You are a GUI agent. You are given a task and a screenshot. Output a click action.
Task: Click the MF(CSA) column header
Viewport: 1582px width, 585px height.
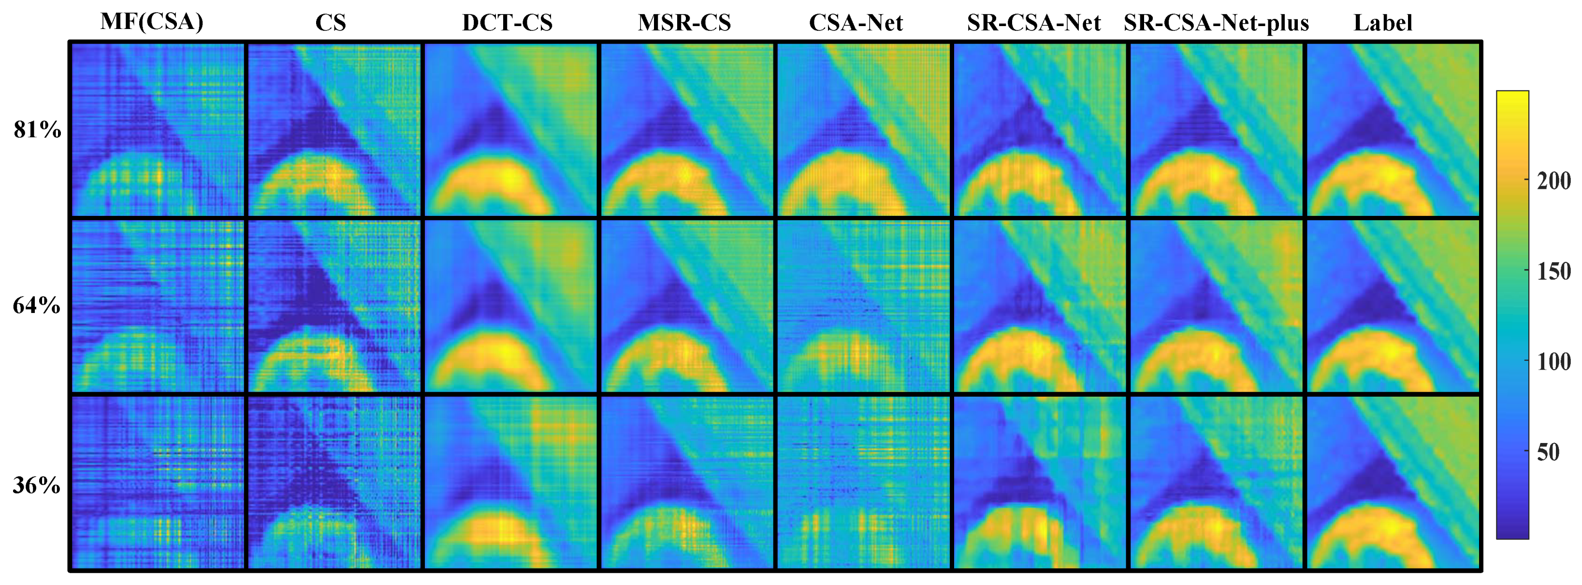[152, 22]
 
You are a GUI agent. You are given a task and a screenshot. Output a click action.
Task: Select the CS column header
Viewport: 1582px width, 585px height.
[331, 23]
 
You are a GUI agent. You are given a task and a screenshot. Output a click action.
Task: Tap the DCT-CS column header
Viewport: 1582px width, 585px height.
[507, 23]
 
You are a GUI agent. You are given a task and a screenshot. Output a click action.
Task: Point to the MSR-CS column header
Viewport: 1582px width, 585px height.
[684, 23]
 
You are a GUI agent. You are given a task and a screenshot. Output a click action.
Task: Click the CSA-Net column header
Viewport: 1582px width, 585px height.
[856, 23]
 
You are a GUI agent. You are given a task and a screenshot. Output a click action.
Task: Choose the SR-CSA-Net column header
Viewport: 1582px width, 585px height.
[1033, 23]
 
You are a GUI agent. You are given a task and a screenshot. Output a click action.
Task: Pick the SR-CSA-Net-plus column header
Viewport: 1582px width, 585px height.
[1216, 23]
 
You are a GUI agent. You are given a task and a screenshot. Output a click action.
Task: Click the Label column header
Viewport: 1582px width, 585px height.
[1383, 23]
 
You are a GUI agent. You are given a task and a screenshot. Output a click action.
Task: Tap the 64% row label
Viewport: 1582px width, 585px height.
[37, 305]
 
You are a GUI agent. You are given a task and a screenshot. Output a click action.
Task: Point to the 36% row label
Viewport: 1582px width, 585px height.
[37, 485]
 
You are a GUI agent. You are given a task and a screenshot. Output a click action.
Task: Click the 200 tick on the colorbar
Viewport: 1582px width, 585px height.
[1554, 181]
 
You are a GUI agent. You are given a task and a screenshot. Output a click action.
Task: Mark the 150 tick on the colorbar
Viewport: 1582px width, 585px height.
[1554, 271]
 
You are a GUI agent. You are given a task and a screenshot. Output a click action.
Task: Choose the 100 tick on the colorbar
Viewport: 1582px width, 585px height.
[1554, 361]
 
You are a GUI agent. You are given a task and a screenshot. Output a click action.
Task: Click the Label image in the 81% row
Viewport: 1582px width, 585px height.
[1393, 129]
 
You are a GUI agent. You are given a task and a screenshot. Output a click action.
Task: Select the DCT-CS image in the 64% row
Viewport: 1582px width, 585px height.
[510, 306]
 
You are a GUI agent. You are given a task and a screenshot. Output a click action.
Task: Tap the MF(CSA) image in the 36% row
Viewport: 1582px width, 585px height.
[159, 483]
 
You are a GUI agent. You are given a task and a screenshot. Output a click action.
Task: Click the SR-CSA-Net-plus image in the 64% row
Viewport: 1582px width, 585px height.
[1217, 306]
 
